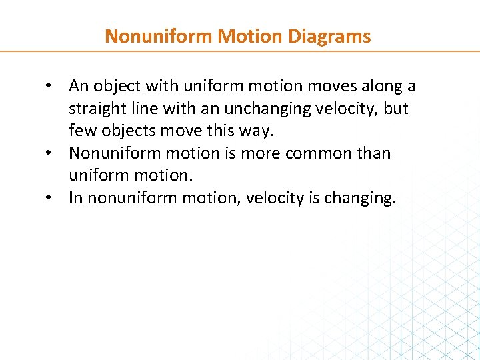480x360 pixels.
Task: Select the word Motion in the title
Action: pyautogui.click(x=243, y=36)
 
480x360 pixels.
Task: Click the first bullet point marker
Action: pyautogui.click(x=49, y=87)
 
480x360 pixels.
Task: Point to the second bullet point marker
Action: pyautogui.click(x=49, y=154)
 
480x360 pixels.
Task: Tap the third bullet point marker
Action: pyautogui.click(x=49, y=199)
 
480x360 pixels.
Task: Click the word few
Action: pyautogui.click(x=80, y=131)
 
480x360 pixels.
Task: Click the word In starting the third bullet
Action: pyautogui.click(x=75, y=199)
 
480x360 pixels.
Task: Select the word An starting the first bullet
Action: pyautogui.click(x=79, y=87)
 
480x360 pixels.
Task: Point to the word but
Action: pyautogui.click(x=396, y=109)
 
